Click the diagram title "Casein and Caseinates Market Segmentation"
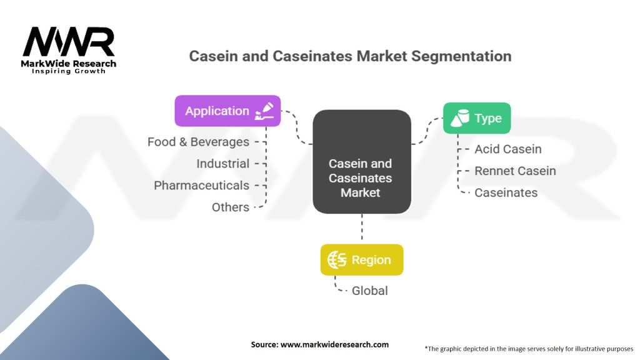[x=350, y=56]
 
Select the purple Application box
[x=227, y=111]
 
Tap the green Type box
[x=477, y=118]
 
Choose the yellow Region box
[x=362, y=260]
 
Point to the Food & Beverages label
[x=198, y=142]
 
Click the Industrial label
[x=222, y=164]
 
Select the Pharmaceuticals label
[x=201, y=186]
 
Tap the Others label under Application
[x=230, y=207]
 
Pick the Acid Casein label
[x=508, y=149]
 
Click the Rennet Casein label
[x=515, y=171]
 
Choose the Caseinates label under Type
[x=506, y=192]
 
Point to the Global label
[x=369, y=291]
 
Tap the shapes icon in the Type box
[x=460, y=118]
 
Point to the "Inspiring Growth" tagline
[x=69, y=71]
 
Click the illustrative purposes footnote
[x=529, y=349]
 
